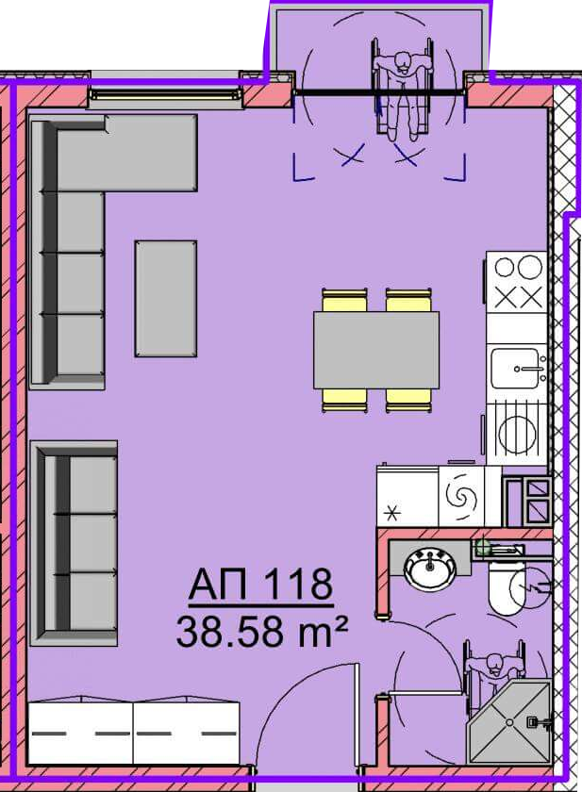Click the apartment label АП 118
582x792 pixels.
click(260, 585)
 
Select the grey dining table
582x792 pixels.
click(375, 350)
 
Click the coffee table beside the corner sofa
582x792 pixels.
click(166, 299)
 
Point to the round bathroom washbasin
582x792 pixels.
click(429, 569)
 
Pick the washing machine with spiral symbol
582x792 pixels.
click(461, 497)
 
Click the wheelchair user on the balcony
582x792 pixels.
click(403, 90)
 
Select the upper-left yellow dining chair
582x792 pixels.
click(344, 301)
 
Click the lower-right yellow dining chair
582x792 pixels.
click(408, 400)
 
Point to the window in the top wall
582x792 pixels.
click(165, 94)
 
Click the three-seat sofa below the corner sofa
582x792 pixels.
click(74, 543)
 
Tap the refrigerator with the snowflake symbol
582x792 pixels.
click(407, 497)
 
